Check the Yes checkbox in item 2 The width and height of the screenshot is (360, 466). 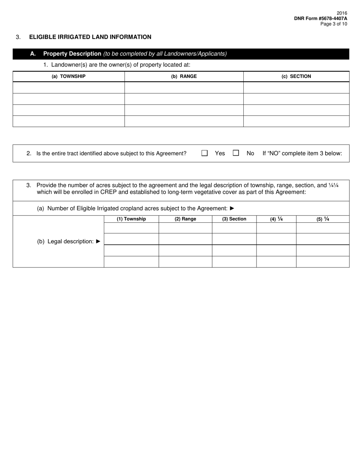205,153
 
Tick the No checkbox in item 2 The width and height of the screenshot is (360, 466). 236,153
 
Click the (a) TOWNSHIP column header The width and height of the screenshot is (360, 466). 69,76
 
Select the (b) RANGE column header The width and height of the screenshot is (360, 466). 184,76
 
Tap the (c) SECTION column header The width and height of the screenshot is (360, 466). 296,76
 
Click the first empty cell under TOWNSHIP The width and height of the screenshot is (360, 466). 69,88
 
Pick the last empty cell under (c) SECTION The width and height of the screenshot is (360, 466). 296,121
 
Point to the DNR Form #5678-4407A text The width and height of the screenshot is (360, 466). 320,18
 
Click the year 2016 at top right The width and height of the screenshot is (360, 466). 342,13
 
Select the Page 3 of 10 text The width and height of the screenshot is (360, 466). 333,24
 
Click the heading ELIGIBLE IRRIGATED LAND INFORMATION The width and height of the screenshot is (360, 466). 90,37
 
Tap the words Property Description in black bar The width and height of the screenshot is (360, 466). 72,54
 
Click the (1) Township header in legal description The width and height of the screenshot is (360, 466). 131,219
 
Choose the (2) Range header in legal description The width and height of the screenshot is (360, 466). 185,219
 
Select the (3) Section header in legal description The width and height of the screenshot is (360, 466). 234,219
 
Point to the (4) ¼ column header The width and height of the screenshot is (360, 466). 276,219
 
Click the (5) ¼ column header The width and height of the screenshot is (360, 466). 322,219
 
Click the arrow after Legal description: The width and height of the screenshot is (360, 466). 99,241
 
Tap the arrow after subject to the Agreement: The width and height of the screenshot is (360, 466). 232,208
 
